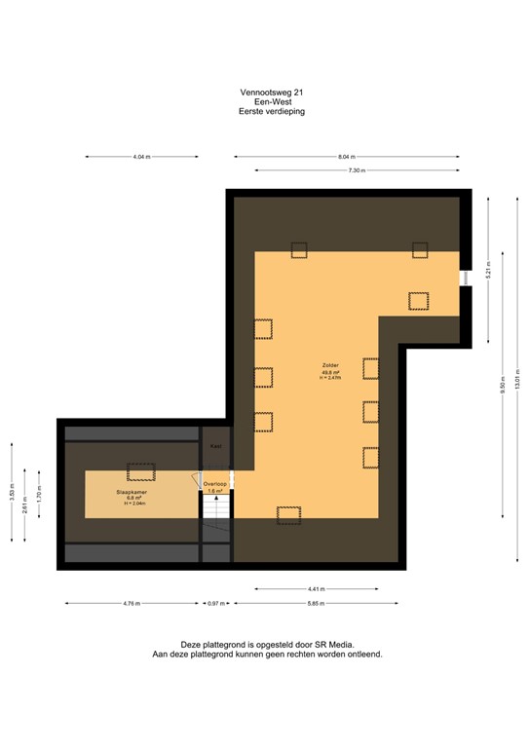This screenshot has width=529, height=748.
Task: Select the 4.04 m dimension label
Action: pyautogui.click(x=142, y=157)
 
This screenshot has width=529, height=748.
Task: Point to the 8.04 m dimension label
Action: pyautogui.click(x=347, y=157)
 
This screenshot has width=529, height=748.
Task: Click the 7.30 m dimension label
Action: pyautogui.click(x=358, y=170)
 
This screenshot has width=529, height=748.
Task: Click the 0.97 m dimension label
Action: pyautogui.click(x=215, y=604)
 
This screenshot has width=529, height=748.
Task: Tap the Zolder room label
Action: pyautogui.click(x=331, y=366)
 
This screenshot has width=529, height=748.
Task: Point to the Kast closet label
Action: pyautogui.click(x=215, y=447)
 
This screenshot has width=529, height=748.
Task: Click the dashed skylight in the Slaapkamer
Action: pyautogui.click(x=140, y=470)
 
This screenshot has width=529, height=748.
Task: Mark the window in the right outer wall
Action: pyautogui.click(x=464, y=278)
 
